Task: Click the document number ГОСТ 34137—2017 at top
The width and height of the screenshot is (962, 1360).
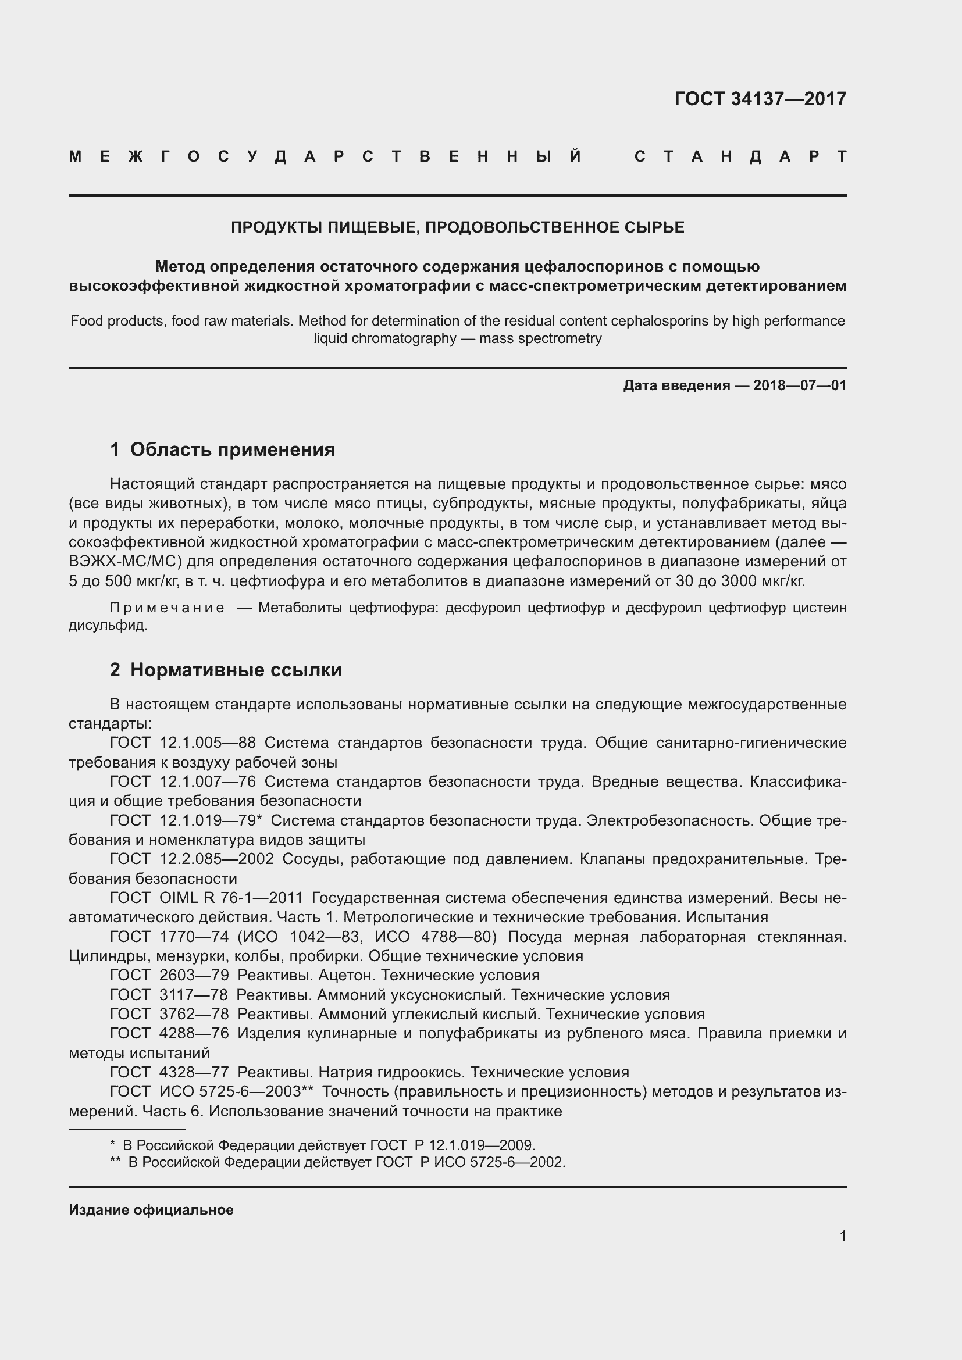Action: click(760, 99)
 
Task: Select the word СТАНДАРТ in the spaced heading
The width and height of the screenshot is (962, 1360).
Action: click(740, 157)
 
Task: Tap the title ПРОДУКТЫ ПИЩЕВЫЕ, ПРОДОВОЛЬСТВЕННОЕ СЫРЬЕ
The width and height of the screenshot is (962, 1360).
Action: click(457, 227)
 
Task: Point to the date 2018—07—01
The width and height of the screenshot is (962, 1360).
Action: click(799, 385)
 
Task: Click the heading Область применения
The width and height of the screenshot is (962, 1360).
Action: click(232, 449)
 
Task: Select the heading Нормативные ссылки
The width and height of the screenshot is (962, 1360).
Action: click(236, 670)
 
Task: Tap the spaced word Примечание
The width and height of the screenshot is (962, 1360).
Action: click(167, 608)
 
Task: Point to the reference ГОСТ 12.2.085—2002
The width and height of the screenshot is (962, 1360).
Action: click(191, 859)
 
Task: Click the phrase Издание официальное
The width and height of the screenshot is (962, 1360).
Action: click(151, 1209)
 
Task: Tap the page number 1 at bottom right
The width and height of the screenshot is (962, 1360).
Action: click(842, 1236)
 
